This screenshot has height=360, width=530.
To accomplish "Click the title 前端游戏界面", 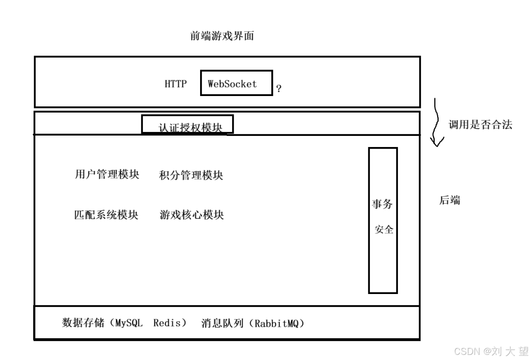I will click(x=222, y=36).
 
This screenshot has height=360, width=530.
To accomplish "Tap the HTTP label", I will click(x=176, y=84).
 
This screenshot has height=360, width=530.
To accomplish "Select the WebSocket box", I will click(x=236, y=83).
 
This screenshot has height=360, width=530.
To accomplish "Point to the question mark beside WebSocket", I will click(x=279, y=89).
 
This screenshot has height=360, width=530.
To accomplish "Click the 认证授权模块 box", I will click(x=187, y=124).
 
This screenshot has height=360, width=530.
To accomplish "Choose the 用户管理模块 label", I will click(x=107, y=174).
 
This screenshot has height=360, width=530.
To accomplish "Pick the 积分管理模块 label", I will click(x=191, y=175).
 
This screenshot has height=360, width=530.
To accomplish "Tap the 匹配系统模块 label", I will click(x=106, y=215).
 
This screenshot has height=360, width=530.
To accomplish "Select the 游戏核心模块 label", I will click(x=192, y=215).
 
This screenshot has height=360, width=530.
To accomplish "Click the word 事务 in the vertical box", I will click(x=382, y=204).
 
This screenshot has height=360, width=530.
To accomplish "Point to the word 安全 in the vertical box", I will click(x=384, y=229).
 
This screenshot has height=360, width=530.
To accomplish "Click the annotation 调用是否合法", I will click(x=480, y=125).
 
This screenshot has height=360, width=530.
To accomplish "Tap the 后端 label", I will click(x=450, y=200).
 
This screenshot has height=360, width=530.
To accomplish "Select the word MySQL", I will click(x=129, y=323).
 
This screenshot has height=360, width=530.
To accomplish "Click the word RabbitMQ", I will click(x=276, y=324).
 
